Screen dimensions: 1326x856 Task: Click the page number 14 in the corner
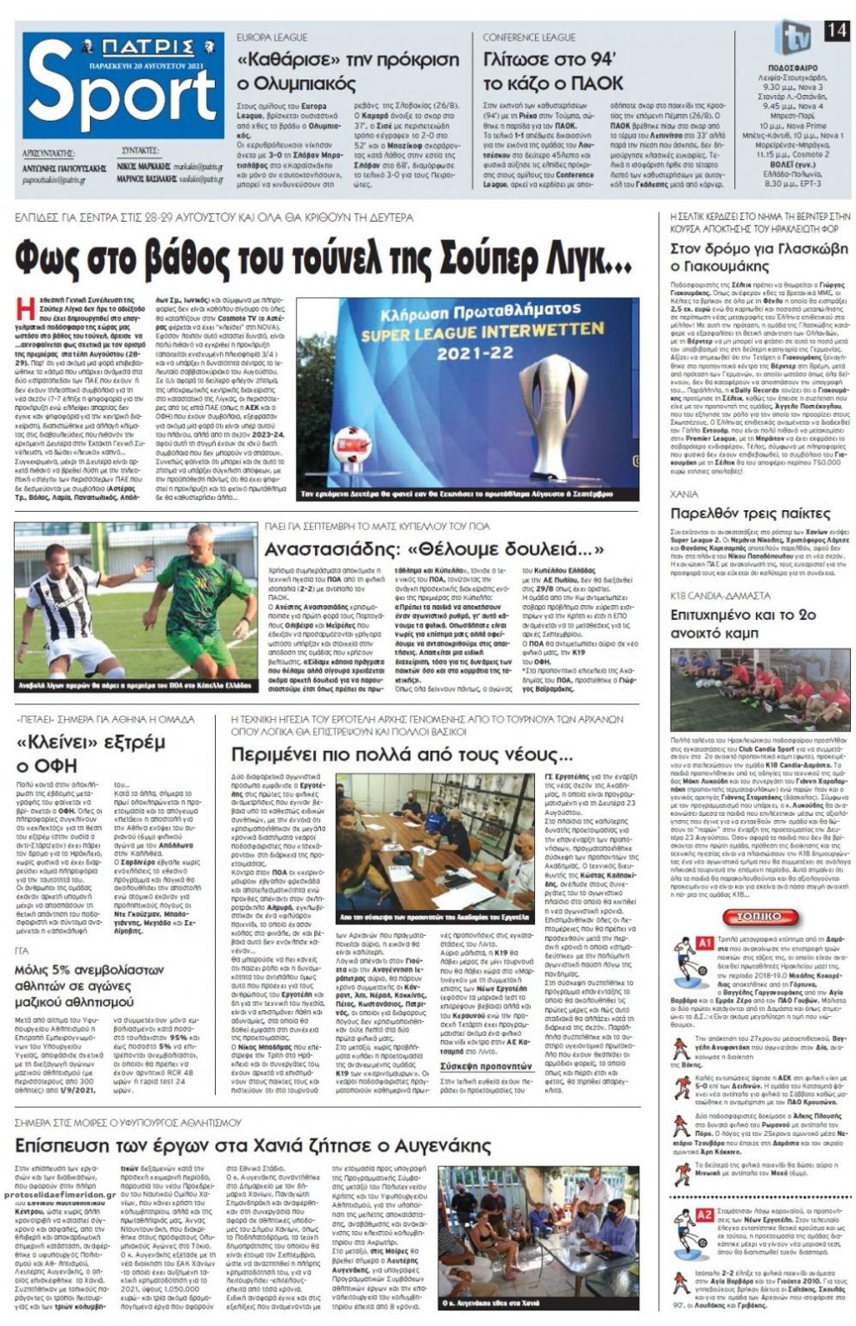tap(835, 30)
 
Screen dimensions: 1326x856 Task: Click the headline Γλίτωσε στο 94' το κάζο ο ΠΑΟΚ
tap(553, 72)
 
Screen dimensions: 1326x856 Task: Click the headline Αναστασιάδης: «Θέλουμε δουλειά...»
tap(435, 550)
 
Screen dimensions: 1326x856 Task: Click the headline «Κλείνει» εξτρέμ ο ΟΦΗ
tap(91, 753)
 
